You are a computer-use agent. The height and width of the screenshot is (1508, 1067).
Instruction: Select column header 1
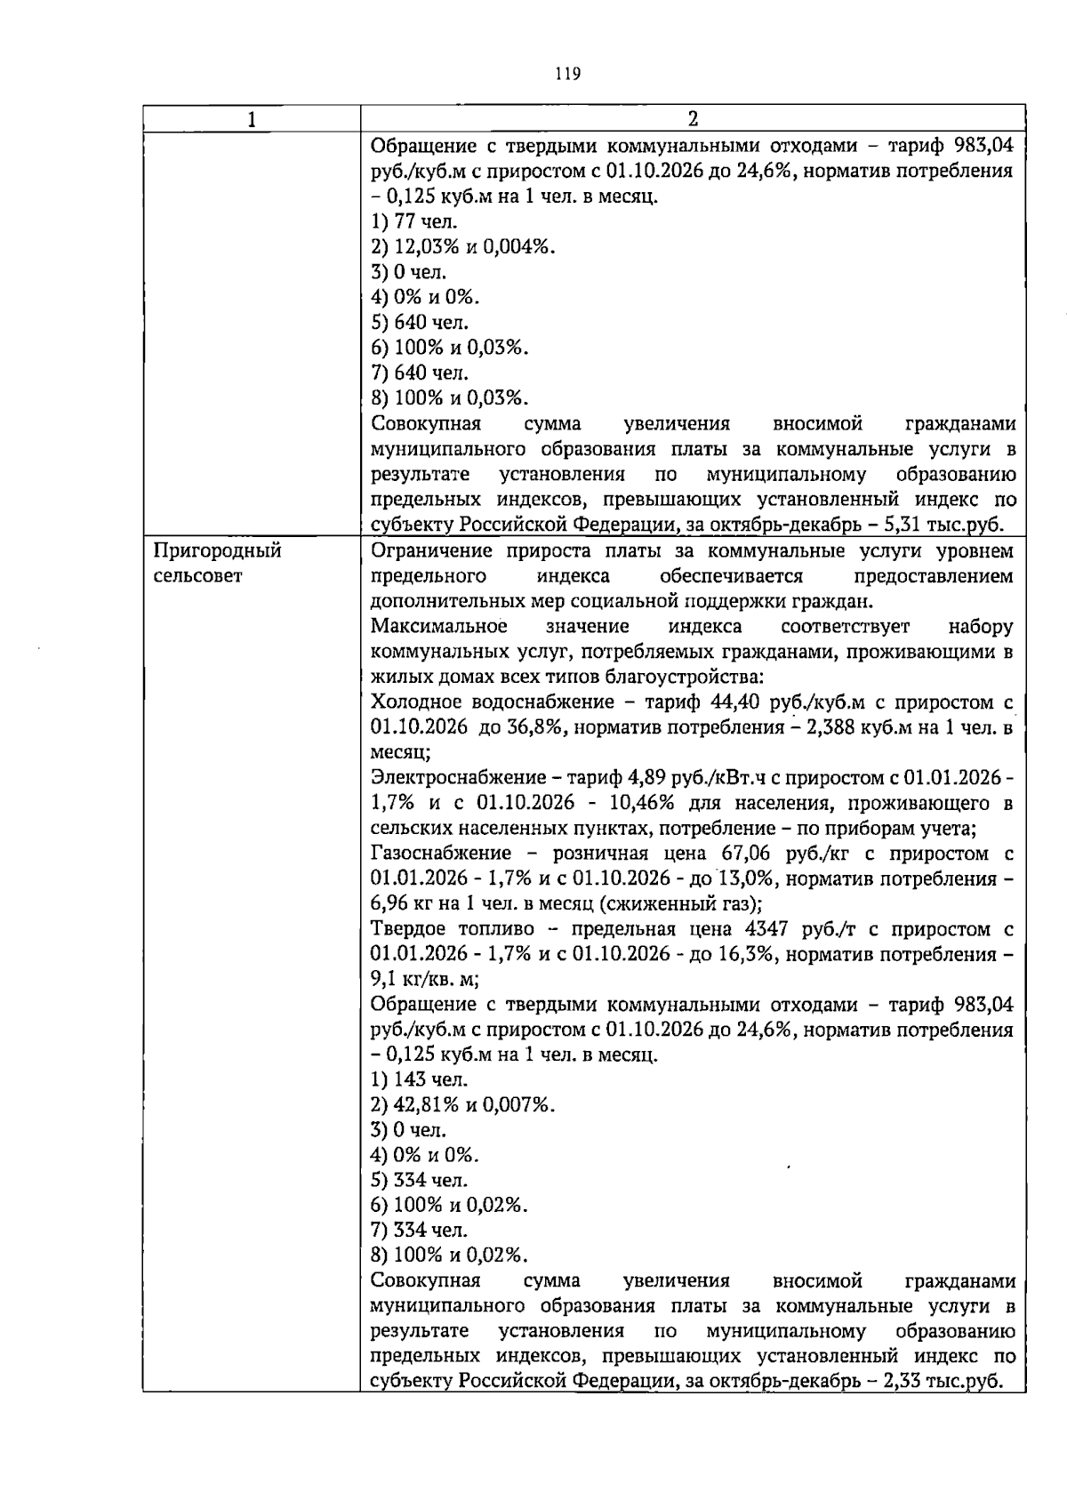pyautogui.click(x=252, y=119)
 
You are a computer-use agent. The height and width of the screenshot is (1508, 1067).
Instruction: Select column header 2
pyautogui.click(x=693, y=119)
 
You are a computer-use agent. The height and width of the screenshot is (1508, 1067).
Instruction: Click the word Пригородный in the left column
pyautogui.click(x=218, y=551)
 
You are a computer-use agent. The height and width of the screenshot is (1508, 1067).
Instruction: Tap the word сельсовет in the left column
pyautogui.click(x=197, y=576)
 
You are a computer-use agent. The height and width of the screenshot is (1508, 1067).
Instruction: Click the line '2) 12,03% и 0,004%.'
pyautogui.click(x=463, y=247)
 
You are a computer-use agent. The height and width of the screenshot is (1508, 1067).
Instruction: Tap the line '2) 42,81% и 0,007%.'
pyautogui.click(x=463, y=1105)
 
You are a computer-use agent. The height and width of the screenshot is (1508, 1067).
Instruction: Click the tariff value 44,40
pyautogui.click(x=736, y=702)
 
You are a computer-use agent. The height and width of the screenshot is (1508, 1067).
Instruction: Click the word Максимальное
pyautogui.click(x=438, y=627)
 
